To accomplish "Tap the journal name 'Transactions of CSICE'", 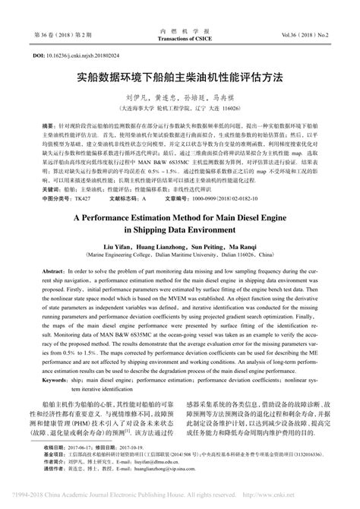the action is tap(179, 36).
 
